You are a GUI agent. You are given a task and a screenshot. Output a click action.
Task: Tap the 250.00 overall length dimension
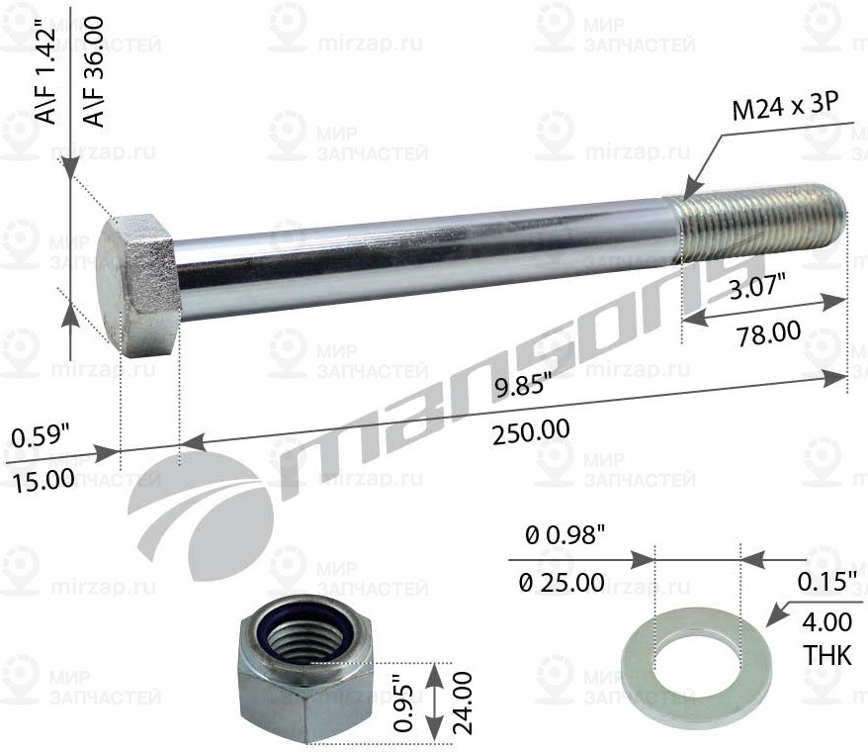pos(532,430)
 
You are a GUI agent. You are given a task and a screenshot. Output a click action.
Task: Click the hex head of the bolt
pos(139,283)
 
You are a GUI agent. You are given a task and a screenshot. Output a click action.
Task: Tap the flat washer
pos(696,667)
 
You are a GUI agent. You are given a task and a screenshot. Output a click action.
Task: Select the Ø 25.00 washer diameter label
pos(561,581)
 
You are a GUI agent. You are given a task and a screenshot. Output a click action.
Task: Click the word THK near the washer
pos(826,656)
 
